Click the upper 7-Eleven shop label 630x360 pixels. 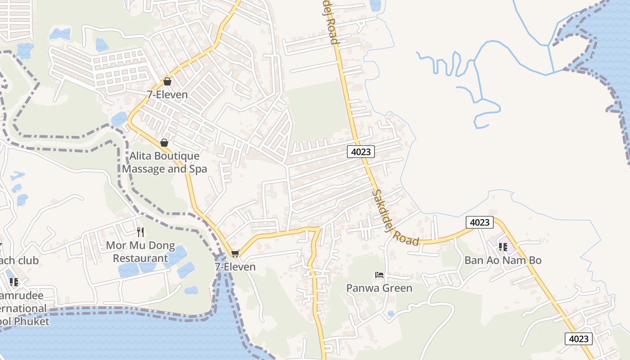tap(167, 95)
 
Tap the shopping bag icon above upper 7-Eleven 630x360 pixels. tap(167, 81)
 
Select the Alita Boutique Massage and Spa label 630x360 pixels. tap(164, 162)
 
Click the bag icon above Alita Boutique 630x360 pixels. tap(164, 143)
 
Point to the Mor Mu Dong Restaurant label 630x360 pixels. tap(140, 252)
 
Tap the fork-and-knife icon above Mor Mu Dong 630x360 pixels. tap(140, 232)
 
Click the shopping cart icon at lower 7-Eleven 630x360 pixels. tap(235, 254)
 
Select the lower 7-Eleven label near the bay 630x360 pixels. tap(235, 267)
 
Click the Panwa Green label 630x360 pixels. tap(379, 288)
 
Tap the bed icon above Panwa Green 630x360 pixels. tap(379, 274)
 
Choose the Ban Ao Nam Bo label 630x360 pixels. tap(503, 260)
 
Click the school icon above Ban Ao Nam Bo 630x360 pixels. tap(503, 247)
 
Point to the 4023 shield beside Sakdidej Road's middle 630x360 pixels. tap(361, 152)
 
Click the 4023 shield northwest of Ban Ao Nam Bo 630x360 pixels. tap(479, 222)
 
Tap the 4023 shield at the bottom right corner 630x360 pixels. tap(578, 339)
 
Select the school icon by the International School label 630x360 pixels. tap(14, 282)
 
